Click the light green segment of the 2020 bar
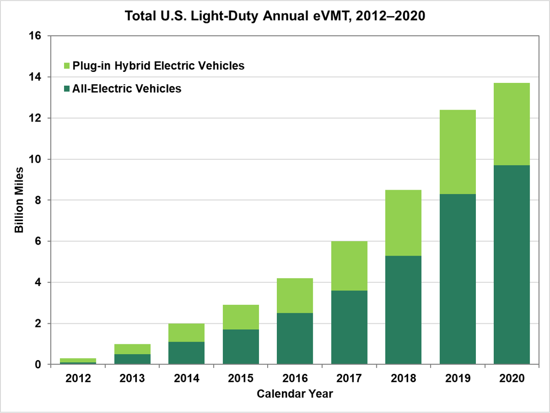pyautogui.click(x=512, y=124)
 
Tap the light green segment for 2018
pyautogui.click(x=403, y=223)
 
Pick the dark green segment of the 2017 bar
pyautogui.click(x=349, y=327)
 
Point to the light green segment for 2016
pyautogui.click(x=295, y=296)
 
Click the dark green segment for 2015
pyautogui.click(x=240, y=347)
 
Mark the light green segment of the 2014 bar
pyautogui.click(x=187, y=332)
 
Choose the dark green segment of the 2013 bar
pyautogui.click(x=133, y=359)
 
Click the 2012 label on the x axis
pyautogui.click(x=78, y=378)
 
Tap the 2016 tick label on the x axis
pyautogui.click(x=295, y=378)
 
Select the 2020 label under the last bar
pyautogui.click(x=512, y=378)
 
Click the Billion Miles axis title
pyautogui.click(x=19, y=200)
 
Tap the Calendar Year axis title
pyautogui.click(x=295, y=394)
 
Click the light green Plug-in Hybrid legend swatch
pyautogui.click(x=65, y=66)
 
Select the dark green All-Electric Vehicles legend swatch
pyautogui.click(x=65, y=88)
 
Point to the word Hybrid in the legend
pyautogui.click(x=122, y=66)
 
